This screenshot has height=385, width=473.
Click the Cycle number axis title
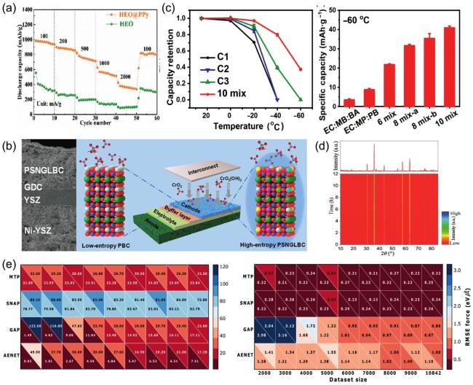coord(88,121)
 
